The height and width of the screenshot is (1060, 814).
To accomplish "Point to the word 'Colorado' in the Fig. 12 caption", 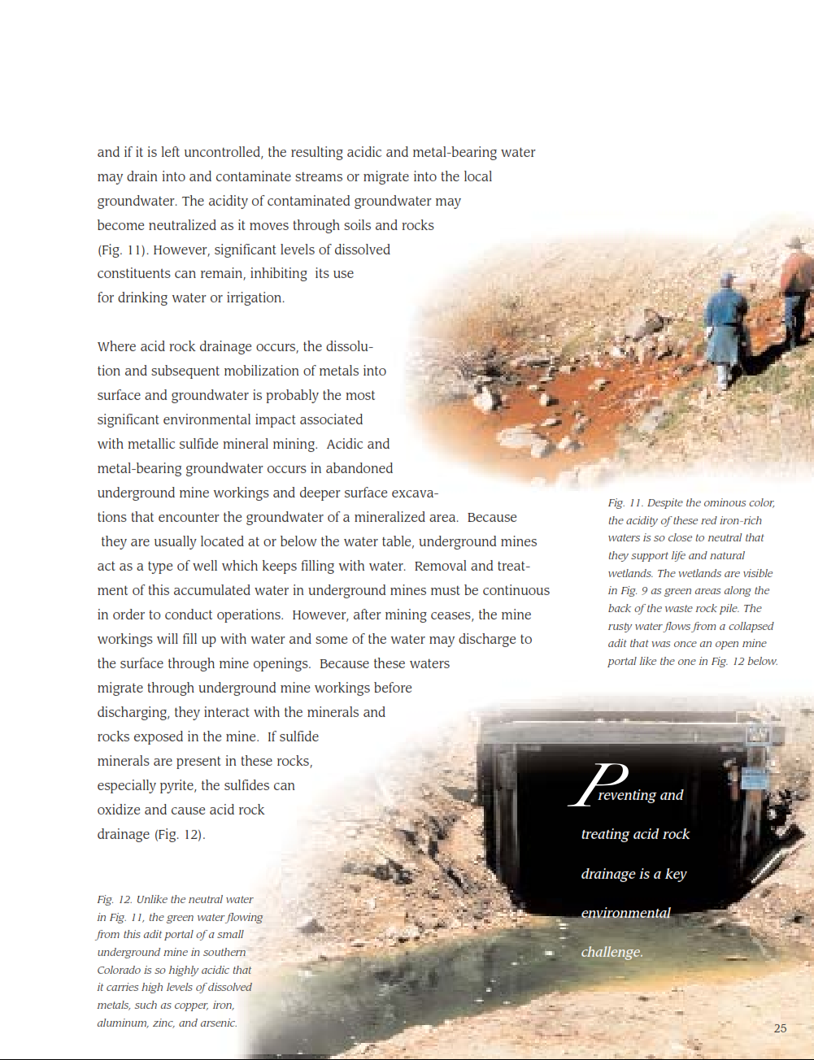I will [x=118, y=970].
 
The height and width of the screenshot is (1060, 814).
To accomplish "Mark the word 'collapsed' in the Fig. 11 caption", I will [x=751, y=626].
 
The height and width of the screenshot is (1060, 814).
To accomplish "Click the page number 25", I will [x=780, y=1028].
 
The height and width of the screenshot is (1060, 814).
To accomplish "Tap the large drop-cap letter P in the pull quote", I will [x=598, y=784].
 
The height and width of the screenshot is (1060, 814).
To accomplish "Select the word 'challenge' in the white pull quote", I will [x=611, y=952].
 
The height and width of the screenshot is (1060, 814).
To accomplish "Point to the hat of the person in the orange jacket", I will [x=795, y=243].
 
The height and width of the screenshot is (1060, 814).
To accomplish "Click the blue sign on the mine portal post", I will [x=755, y=779].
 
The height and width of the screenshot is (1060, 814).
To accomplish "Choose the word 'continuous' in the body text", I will [x=515, y=590].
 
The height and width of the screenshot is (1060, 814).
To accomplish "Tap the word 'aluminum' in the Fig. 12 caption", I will [x=121, y=1023].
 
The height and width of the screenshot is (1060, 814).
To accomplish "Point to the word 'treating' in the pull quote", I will [x=605, y=834].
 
